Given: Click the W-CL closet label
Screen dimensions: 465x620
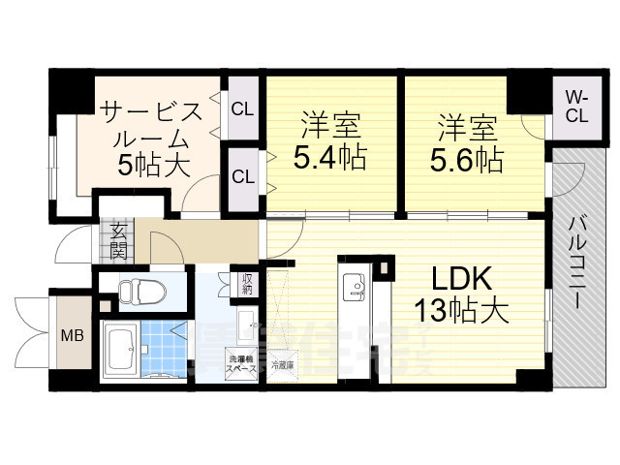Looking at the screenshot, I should pos(576,107).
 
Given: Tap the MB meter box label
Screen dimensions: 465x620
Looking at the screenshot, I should pos(73,336).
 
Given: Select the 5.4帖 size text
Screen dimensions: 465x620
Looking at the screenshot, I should pos(331,158).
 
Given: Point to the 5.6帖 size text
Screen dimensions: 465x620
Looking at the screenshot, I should pos(468,158).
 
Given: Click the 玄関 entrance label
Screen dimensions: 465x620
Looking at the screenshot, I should pos(118,241).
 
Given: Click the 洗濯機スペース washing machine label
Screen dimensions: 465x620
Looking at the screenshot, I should pos(242,365).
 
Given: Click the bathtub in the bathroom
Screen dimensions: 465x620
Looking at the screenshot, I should pos(121,353).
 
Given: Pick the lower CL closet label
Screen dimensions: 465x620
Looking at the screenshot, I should pos(242,177).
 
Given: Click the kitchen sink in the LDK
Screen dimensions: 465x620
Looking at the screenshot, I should pos(354,288).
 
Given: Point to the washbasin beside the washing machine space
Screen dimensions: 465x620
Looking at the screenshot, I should pos(246,325).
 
